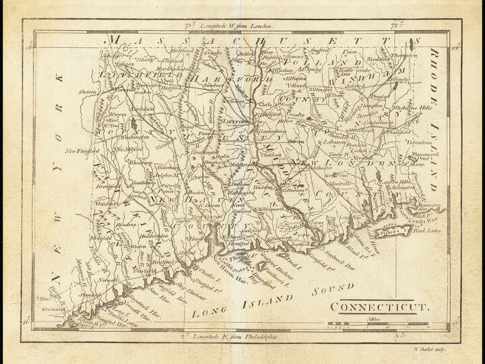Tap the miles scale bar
click(x=378, y=326)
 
